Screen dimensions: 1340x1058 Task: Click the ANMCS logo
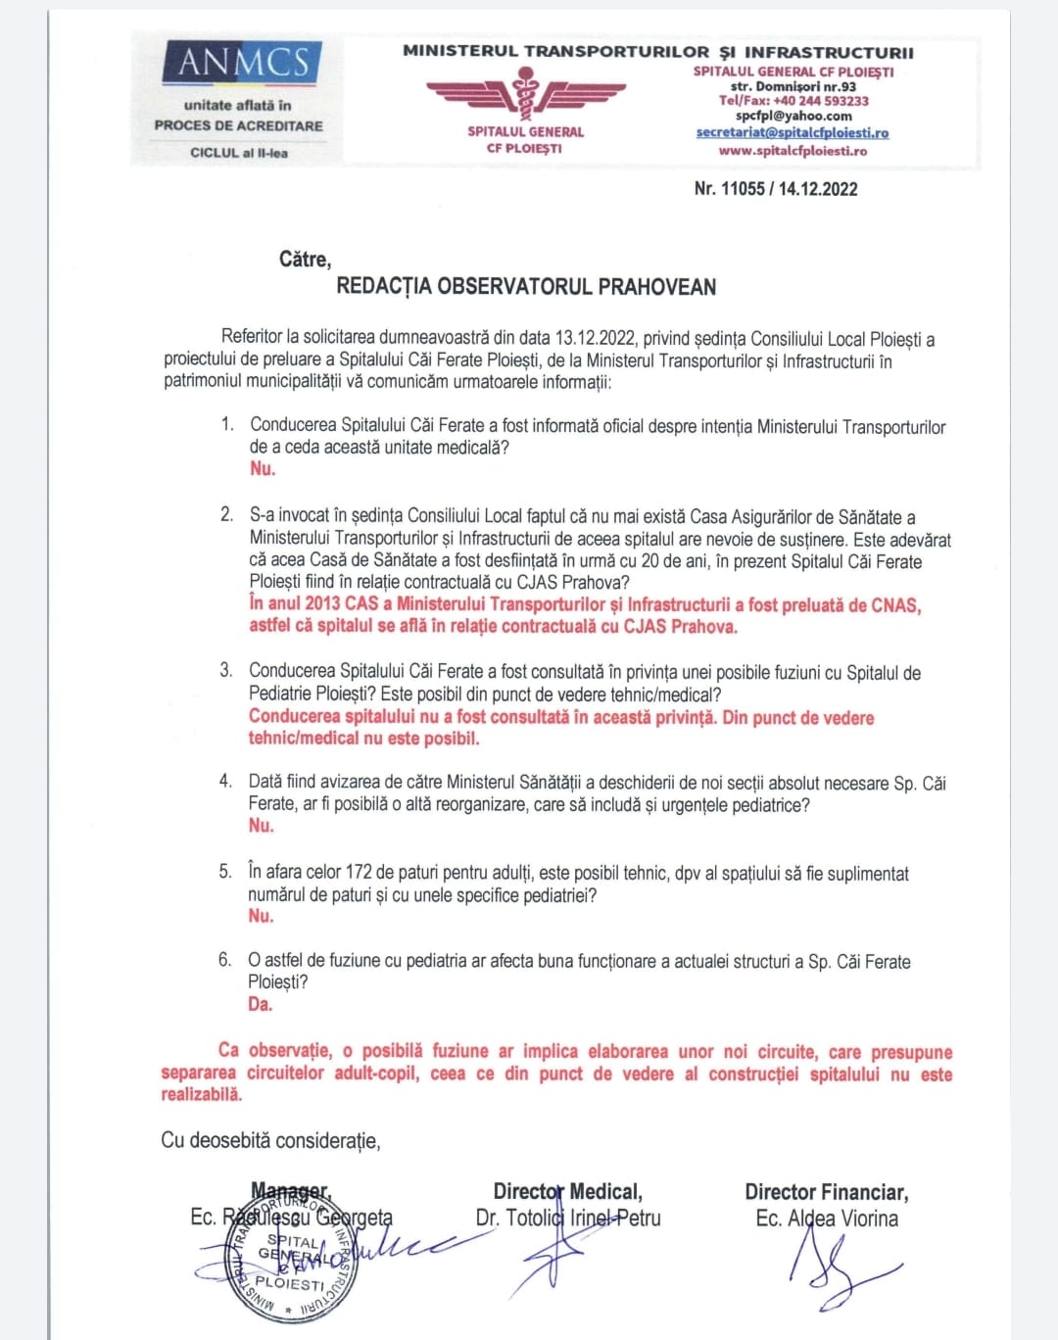tap(242, 63)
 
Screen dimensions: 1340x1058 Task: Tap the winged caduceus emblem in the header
tap(525, 95)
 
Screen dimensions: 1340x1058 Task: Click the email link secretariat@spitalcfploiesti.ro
tap(792, 133)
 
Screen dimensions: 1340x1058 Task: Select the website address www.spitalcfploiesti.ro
tap(792, 151)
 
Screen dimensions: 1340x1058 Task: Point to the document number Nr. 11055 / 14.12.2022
tap(775, 189)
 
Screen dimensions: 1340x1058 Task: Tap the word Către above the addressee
tap(305, 260)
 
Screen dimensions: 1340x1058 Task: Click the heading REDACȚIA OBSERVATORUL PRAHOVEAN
tap(526, 287)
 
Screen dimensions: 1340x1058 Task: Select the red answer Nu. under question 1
tap(263, 469)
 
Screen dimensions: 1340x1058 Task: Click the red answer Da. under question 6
tap(260, 1004)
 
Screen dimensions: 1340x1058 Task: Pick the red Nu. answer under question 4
tap(261, 826)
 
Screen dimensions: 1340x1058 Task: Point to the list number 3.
tap(226, 671)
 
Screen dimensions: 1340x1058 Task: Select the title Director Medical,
tap(567, 1192)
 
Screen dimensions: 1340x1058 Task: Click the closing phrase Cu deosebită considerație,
tap(270, 1140)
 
